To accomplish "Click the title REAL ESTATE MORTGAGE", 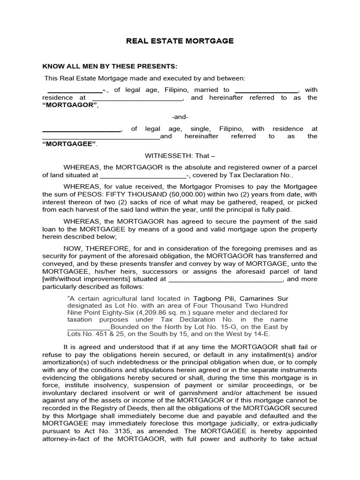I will click(180, 41).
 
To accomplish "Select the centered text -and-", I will click(180, 117).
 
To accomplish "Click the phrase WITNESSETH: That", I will click(180, 156).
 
